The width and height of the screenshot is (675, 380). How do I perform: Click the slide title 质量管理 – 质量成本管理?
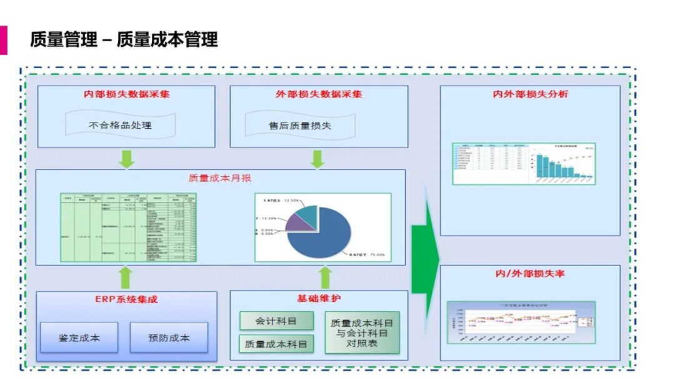(x=124, y=39)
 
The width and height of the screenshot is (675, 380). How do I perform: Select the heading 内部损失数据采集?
(x=126, y=94)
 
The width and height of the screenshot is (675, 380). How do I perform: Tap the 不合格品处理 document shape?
(x=120, y=125)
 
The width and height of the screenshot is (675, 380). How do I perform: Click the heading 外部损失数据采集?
(x=319, y=94)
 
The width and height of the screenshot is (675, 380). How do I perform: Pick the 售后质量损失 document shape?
(x=300, y=126)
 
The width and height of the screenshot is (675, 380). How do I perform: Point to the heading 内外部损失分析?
(x=530, y=94)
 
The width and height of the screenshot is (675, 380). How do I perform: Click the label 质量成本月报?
(x=220, y=177)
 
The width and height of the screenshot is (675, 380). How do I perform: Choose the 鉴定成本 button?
(x=79, y=337)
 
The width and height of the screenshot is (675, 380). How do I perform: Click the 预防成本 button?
(x=169, y=337)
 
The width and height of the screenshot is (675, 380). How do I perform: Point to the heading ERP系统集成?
(x=126, y=299)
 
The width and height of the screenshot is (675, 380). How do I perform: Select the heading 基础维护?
(x=319, y=299)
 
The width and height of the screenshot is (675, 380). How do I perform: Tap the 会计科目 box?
(x=276, y=321)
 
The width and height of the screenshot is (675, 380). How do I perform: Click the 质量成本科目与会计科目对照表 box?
(x=362, y=332)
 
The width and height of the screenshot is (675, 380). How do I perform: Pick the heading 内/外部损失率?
(x=530, y=274)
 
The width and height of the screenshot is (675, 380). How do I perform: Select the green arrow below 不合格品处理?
(x=127, y=159)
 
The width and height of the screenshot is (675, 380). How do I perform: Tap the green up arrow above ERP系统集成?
(x=126, y=277)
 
